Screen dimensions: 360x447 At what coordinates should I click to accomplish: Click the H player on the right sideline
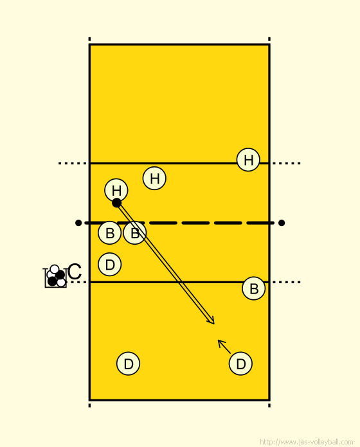click(248, 160)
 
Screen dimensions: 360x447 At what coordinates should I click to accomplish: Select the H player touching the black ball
click(116, 190)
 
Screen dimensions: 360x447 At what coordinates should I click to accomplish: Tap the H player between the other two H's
click(154, 178)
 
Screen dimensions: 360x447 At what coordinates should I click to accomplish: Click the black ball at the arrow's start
click(116, 203)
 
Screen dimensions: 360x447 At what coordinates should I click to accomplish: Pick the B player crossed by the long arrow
click(135, 233)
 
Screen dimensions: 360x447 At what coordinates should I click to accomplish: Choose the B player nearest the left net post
click(109, 233)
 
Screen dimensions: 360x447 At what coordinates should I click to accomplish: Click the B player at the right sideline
click(253, 288)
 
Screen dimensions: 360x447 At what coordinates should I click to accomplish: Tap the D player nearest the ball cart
click(109, 264)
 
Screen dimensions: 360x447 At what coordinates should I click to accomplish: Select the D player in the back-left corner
click(128, 364)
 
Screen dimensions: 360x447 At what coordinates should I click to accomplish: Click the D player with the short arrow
click(240, 364)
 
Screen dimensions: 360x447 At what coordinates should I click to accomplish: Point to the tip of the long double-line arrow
click(214, 324)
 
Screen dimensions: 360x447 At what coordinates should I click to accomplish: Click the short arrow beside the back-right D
click(224, 347)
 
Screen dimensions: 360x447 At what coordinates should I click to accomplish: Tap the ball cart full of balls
click(55, 277)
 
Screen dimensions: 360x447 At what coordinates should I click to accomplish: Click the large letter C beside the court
click(75, 272)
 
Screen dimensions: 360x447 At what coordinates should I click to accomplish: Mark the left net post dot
click(78, 223)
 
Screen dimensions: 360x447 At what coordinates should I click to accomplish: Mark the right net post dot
click(282, 223)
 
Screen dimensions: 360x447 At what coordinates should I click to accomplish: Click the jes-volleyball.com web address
click(307, 442)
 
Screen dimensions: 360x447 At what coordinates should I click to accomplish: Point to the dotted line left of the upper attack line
click(73, 163)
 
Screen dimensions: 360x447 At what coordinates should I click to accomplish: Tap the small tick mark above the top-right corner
click(269, 39)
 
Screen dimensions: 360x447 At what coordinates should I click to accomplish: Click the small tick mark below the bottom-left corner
click(89, 405)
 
